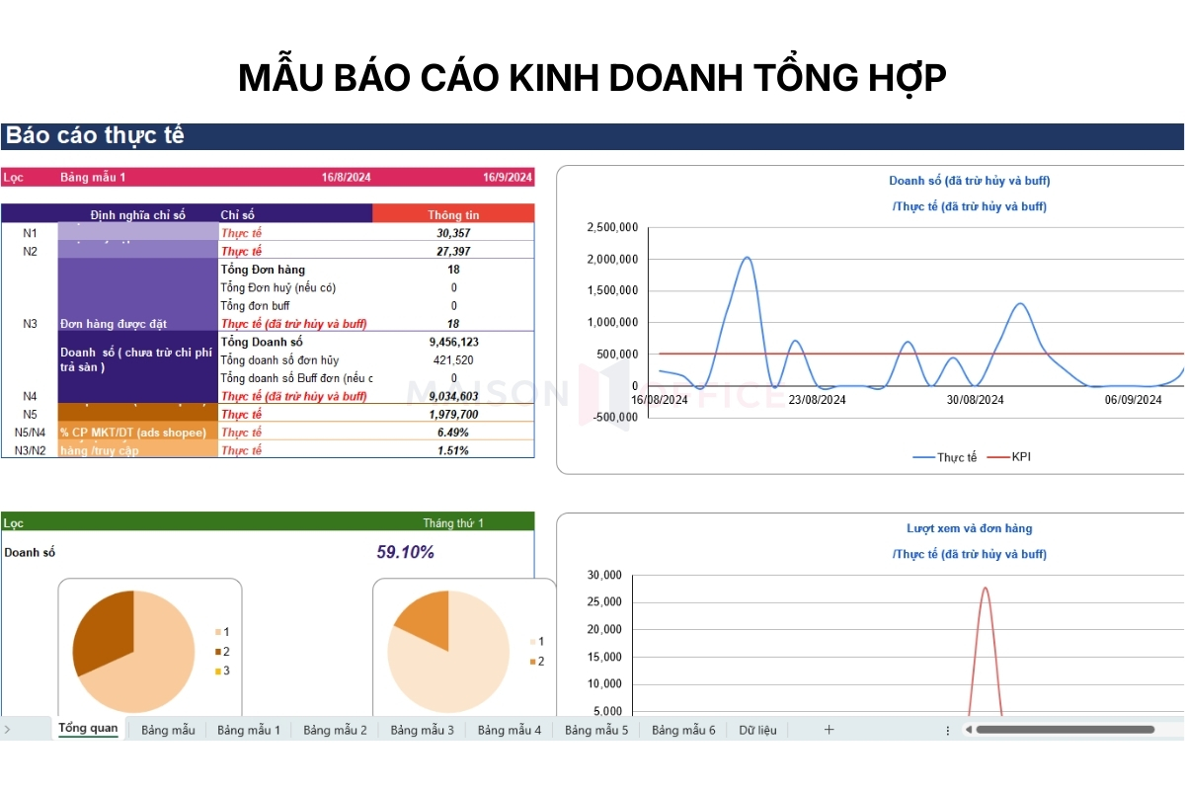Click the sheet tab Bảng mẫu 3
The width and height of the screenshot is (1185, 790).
(422, 730)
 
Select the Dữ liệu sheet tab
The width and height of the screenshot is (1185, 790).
(757, 730)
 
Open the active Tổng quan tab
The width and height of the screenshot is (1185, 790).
(88, 729)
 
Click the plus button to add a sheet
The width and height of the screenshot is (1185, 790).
(829, 730)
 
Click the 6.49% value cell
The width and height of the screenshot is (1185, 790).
(454, 433)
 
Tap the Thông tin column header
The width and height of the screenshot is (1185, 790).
(453, 214)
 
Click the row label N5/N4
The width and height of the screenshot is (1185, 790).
(30, 433)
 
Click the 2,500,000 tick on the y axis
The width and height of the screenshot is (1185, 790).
(611, 228)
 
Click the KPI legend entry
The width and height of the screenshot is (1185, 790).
(1021, 457)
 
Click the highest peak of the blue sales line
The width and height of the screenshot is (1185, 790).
(747, 258)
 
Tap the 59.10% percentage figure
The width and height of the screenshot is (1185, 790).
(405, 552)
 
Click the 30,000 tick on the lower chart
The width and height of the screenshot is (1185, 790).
(604, 575)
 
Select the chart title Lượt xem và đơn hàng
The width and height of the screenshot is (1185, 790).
(969, 528)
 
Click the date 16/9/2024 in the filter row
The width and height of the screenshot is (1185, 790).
(508, 178)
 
